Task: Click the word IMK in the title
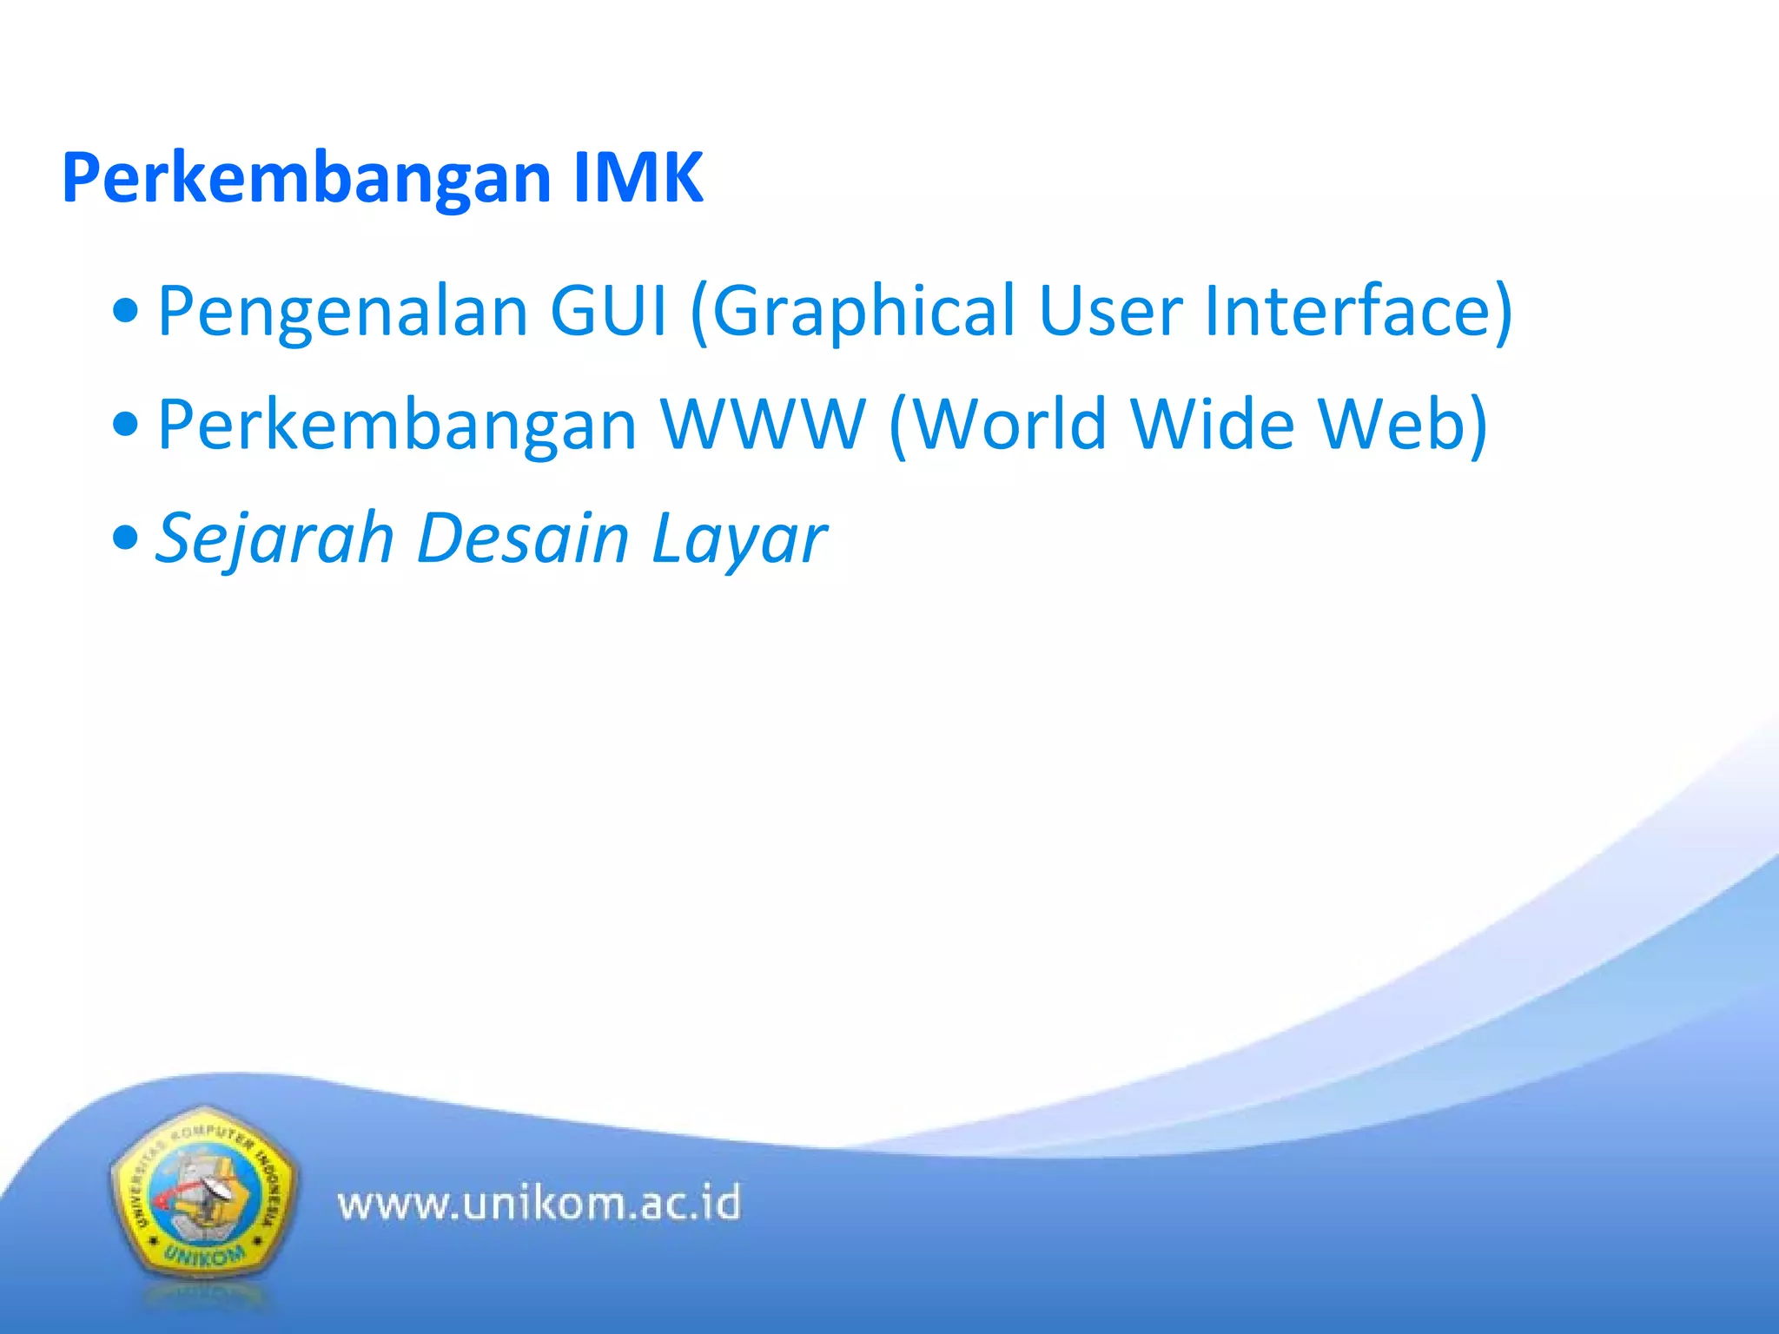coord(638,178)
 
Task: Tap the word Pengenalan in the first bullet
coord(342,312)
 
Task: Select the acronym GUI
coord(608,311)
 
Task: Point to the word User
coord(1110,311)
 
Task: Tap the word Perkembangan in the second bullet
coord(397,426)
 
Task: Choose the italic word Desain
coord(523,538)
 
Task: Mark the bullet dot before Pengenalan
coord(126,312)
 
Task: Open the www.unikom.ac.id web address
coord(539,1204)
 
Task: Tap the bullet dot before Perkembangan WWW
coord(126,425)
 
